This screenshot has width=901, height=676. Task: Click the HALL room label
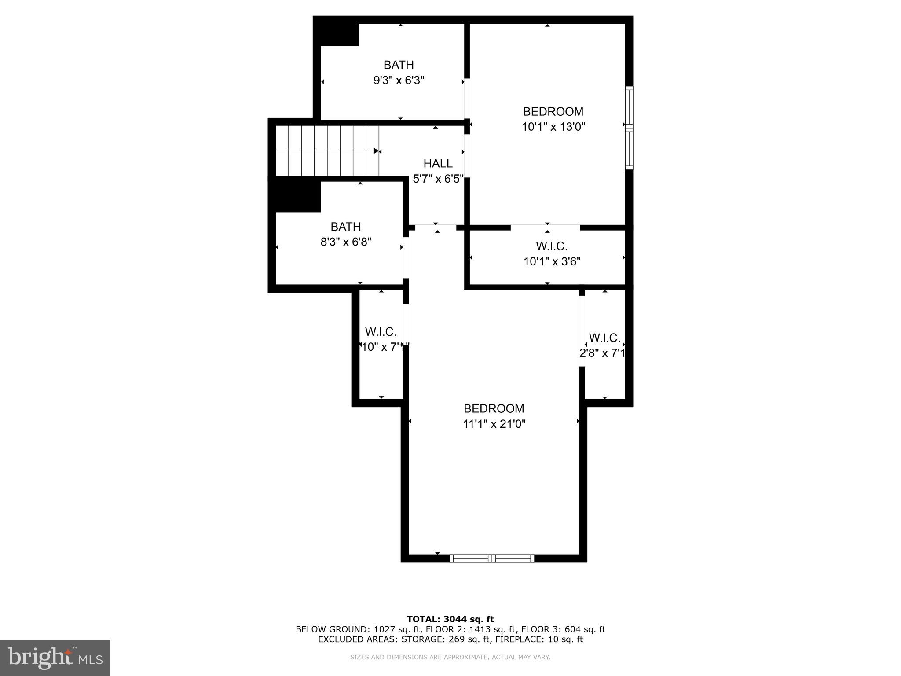438,164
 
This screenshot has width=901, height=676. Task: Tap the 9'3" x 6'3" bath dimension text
399,81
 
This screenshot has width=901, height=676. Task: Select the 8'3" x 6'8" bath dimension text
346,242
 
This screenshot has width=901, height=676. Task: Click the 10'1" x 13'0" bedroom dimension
553,127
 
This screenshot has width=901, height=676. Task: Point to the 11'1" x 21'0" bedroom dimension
494,424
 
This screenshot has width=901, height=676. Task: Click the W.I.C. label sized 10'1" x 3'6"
552,246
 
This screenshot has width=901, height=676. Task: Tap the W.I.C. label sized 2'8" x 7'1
604,338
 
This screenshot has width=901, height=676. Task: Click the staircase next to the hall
327,151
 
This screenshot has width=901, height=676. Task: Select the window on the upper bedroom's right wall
629,128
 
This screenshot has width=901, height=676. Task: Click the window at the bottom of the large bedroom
492,558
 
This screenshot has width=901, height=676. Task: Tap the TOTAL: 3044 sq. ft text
450,620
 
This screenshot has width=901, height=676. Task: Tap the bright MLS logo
55,658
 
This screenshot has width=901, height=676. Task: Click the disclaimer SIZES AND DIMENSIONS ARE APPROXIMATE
450,657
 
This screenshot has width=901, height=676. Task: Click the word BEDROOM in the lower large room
494,409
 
